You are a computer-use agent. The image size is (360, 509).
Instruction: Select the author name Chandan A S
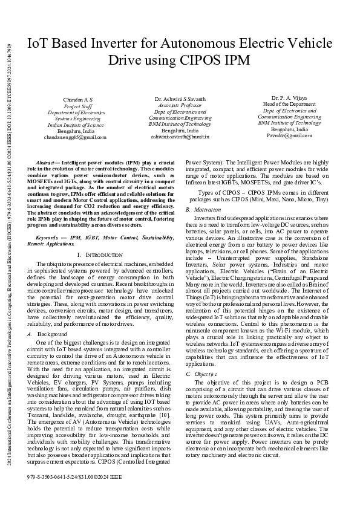pyautogui.click(x=78, y=99)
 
